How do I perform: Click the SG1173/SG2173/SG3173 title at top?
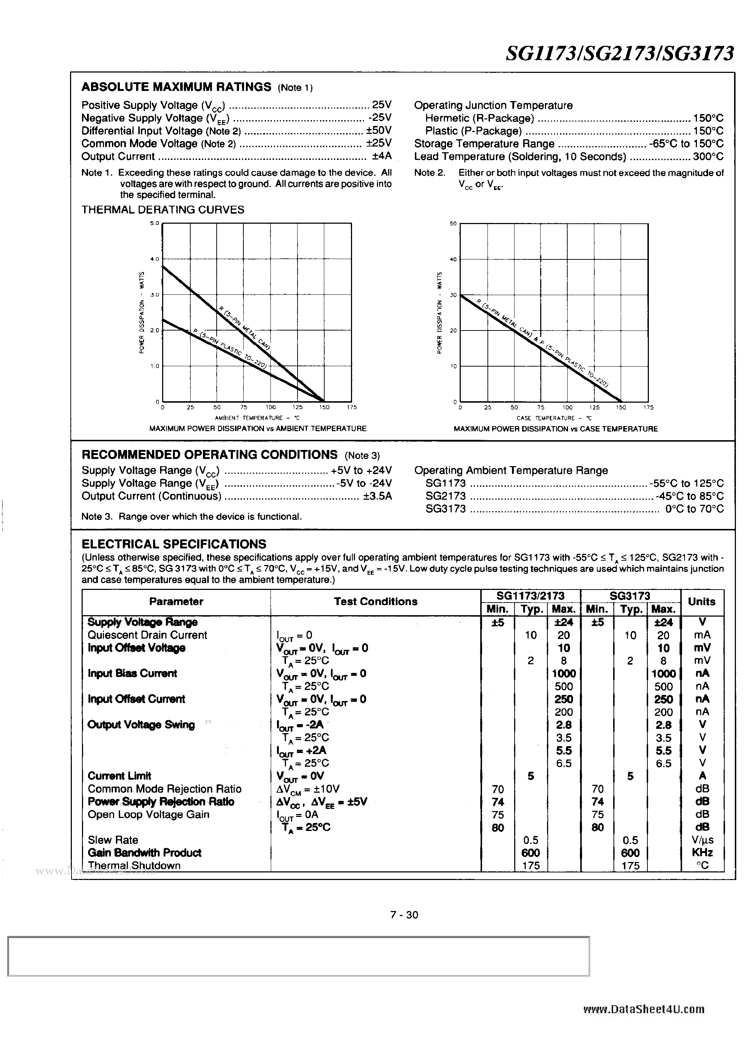click(620, 54)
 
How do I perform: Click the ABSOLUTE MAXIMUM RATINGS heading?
click(176, 87)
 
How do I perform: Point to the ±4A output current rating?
click(381, 156)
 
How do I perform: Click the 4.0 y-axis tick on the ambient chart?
click(154, 259)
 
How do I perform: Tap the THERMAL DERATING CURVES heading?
click(163, 210)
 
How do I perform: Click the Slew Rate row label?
click(113, 840)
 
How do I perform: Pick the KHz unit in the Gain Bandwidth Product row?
click(702, 853)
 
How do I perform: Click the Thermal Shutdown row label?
click(134, 866)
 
